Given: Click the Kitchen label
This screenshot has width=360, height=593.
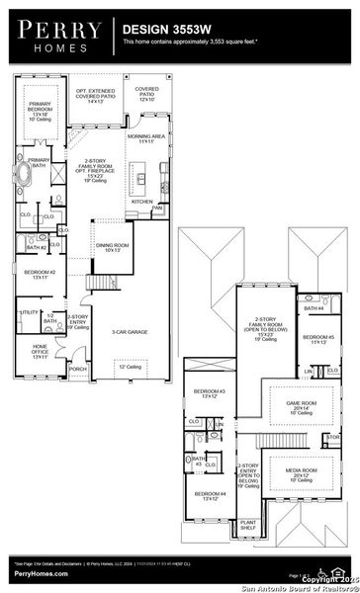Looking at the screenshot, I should click(141, 201).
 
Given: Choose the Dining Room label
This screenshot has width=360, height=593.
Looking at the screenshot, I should click(109, 247).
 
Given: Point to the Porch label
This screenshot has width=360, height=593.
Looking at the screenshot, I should click(77, 370).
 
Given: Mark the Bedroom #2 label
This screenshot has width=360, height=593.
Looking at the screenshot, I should click(40, 274).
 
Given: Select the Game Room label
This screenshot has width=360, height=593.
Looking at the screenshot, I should click(302, 405).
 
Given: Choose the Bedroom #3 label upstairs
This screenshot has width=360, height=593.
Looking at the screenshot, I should click(209, 393).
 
